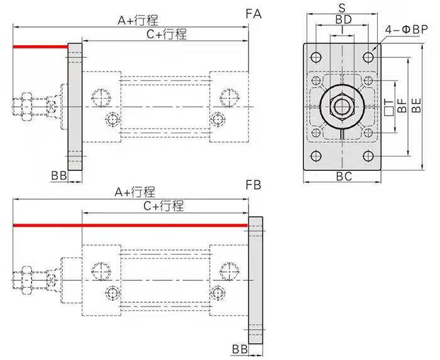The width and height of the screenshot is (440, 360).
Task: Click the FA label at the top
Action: click(x=253, y=14)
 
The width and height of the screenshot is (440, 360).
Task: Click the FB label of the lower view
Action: click(x=253, y=185)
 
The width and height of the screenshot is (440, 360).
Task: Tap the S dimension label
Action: click(x=342, y=8)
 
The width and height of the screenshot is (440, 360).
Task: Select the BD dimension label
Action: click(x=343, y=19)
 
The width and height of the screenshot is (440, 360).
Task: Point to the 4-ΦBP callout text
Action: click(x=406, y=29)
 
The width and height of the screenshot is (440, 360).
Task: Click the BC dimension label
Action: click(x=344, y=177)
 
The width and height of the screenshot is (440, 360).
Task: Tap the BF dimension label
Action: click(x=402, y=106)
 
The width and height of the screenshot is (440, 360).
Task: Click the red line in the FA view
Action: click(x=40, y=46)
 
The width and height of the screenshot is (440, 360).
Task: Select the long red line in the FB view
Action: click(x=131, y=225)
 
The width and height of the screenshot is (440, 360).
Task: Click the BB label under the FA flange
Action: click(x=59, y=175)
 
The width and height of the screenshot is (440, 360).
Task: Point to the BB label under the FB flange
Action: click(x=240, y=349)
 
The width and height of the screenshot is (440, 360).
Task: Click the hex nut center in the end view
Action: click(x=342, y=106)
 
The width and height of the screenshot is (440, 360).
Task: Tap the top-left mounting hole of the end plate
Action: click(x=316, y=57)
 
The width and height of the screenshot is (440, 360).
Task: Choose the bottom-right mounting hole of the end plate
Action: click(x=368, y=156)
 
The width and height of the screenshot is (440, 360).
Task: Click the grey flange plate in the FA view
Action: click(x=75, y=107)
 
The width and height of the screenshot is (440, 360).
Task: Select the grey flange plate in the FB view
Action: click(x=256, y=280)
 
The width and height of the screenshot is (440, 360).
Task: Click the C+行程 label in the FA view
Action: click(x=167, y=35)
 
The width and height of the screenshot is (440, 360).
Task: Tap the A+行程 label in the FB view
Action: click(x=135, y=192)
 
